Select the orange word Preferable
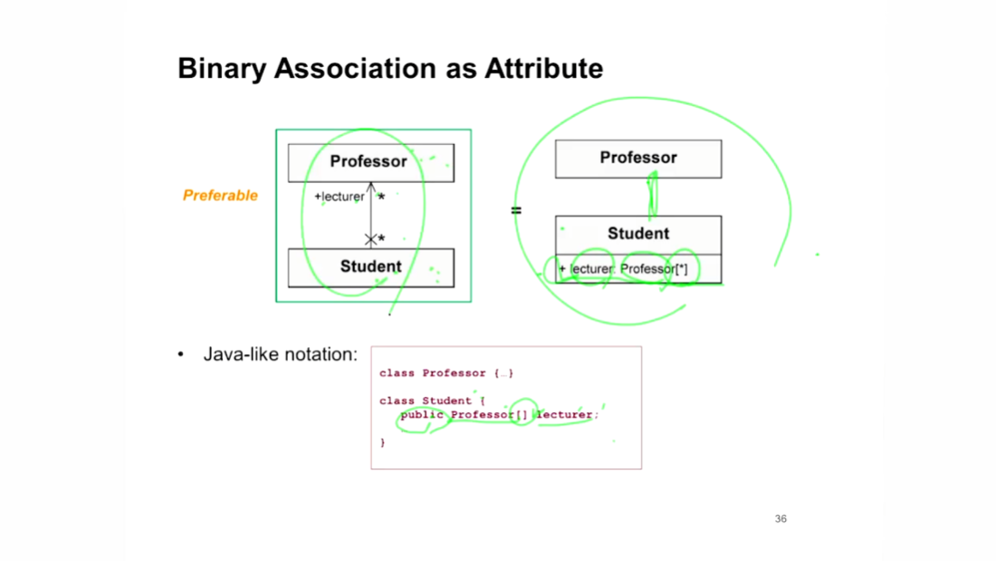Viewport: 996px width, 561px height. click(x=220, y=195)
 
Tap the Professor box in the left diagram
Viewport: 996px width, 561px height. click(x=369, y=162)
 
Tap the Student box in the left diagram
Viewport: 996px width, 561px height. click(x=370, y=266)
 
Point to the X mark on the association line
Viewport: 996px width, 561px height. click(x=370, y=239)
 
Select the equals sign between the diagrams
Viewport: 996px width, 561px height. click(x=516, y=210)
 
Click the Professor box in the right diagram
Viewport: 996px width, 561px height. click(x=638, y=159)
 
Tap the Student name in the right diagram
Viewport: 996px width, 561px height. click(x=638, y=234)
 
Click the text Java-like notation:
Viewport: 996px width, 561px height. click(x=281, y=354)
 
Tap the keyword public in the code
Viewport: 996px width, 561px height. click(x=423, y=415)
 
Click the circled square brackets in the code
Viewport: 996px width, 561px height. click(x=522, y=415)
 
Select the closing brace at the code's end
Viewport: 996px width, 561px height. click(x=383, y=442)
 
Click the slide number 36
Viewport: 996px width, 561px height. click(x=781, y=519)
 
